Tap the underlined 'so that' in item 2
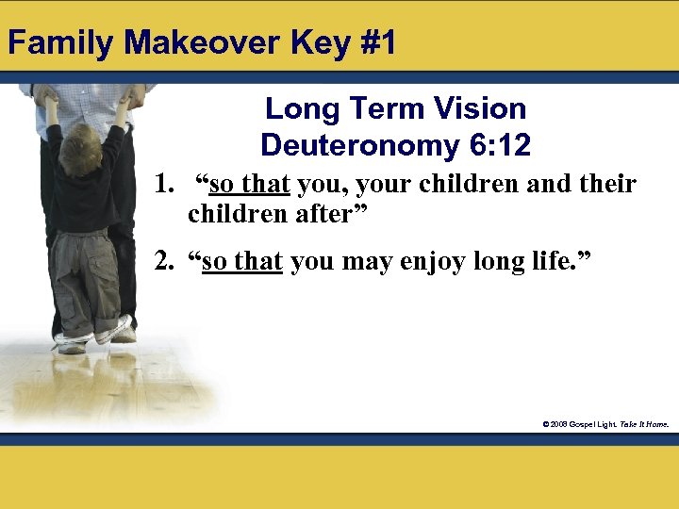pyautogui.click(x=242, y=261)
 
